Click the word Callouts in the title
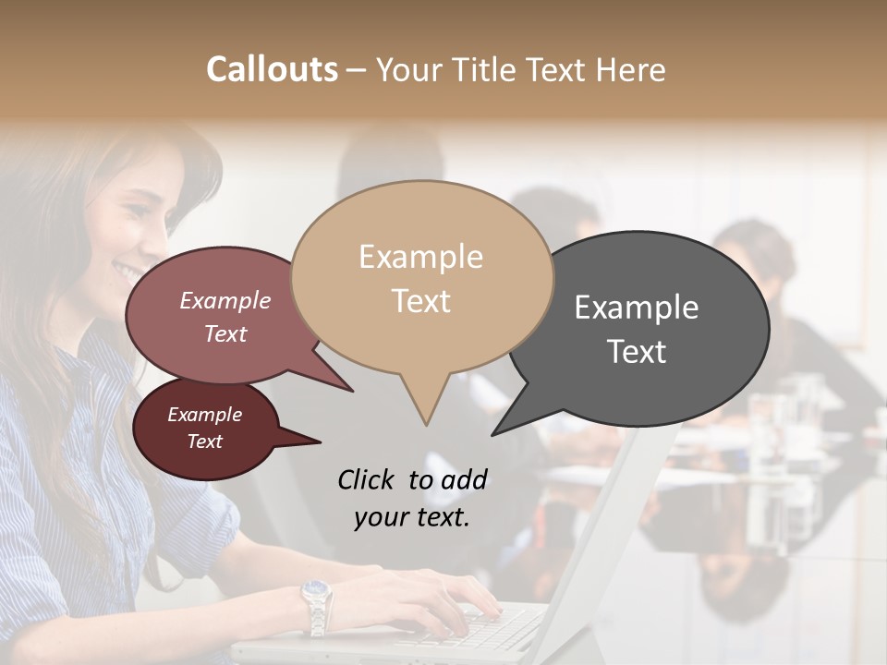click(272, 70)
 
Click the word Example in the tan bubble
click(420, 257)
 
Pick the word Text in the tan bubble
click(420, 301)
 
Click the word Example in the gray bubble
click(637, 308)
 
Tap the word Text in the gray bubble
click(637, 352)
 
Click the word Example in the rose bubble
click(225, 300)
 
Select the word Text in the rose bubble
click(225, 333)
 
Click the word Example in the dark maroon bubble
click(204, 415)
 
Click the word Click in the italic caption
click(365, 479)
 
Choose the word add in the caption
click(464, 479)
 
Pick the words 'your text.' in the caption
click(411, 517)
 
